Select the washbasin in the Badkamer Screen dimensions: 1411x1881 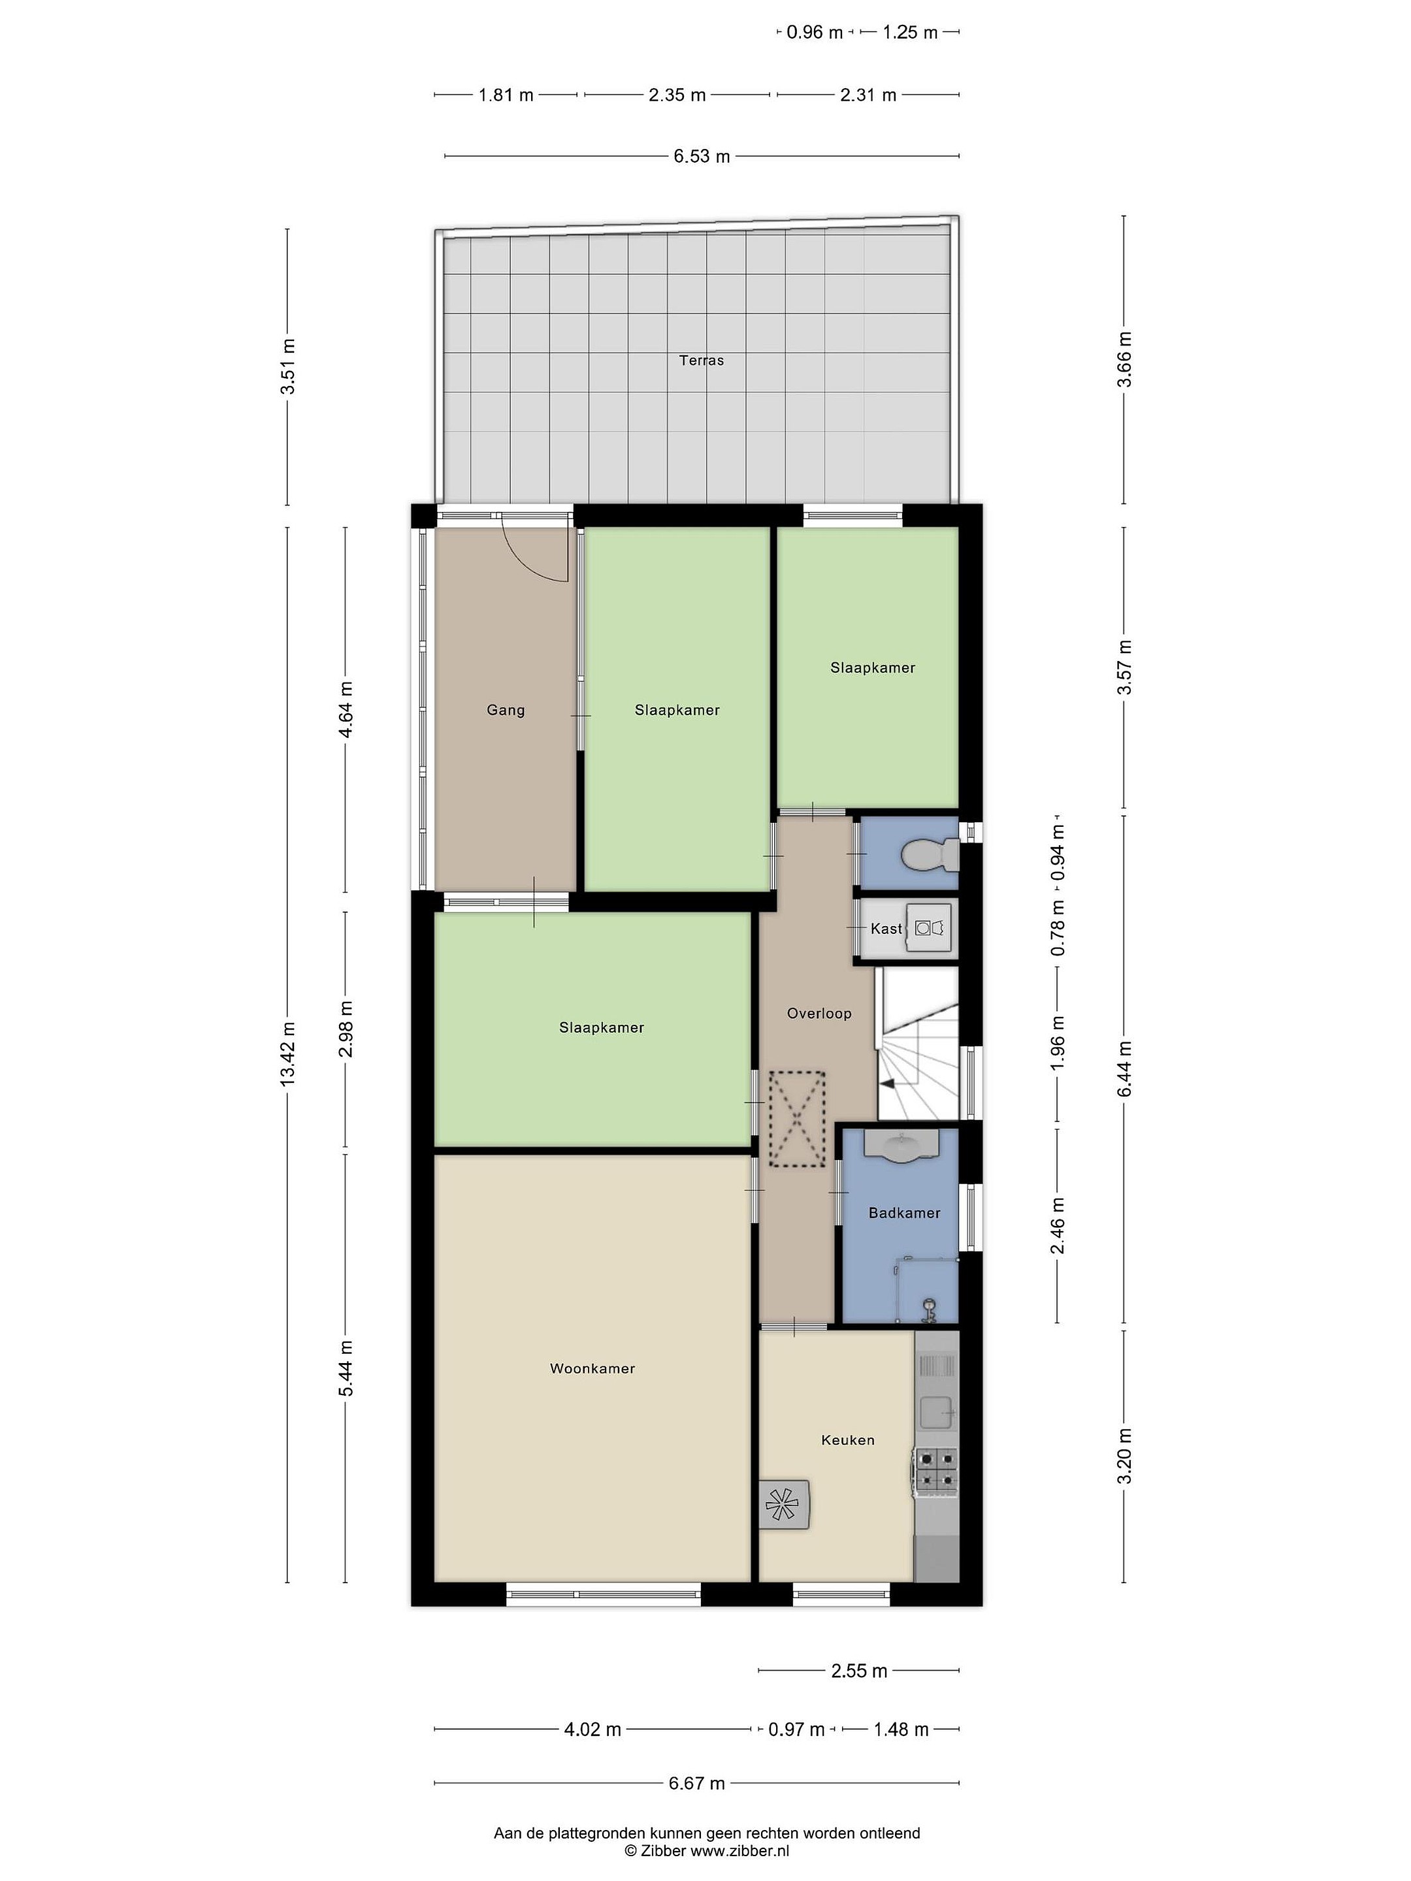[x=901, y=1146]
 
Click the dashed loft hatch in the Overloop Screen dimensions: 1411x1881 [x=797, y=1119]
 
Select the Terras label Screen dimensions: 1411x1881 [x=702, y=361]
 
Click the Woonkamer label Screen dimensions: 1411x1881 [x=592, y=1368]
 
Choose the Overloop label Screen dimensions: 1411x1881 [x=819, y=1013]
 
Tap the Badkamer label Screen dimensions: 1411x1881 [x=904, y=1213]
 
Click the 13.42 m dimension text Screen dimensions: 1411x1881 [x=288, y=1052]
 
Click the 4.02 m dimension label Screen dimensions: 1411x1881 [x=592, y=1729]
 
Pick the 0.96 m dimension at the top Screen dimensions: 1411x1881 [x=815, y=32]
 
